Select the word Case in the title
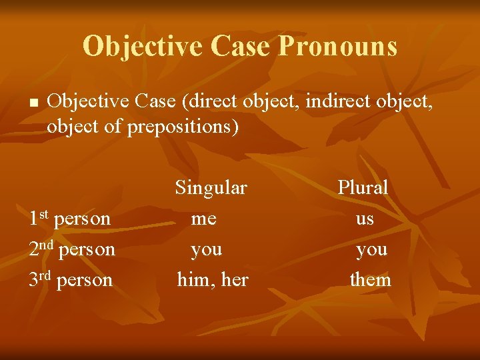pyautogui.click(x=240, y=47)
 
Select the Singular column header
pyautogui.click(x=211, y=188)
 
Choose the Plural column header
pyautogui.click(x=363, y=188)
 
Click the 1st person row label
pyautogui.click(x=70, y=219)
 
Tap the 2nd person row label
pyautogui.click(x=72, y=249)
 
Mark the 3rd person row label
pyautogui.click(x=71, y=280)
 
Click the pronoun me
pyautogui.click(x=203, y=219)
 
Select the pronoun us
pyautogui.click(x=365, y=219)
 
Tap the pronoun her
pyautogui.click(x=234, y=280)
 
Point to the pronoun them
pyautogui.click(x=371, y=280)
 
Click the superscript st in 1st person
pyautogui.click(x=44, y=214)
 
